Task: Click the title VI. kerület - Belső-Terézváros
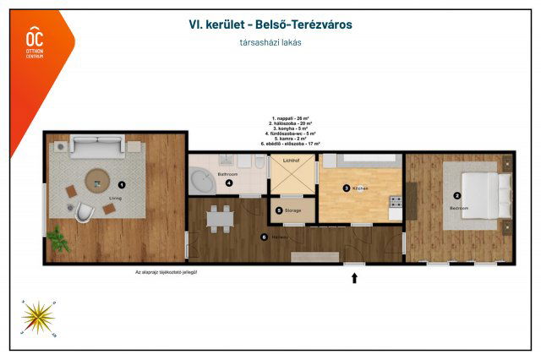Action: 270,25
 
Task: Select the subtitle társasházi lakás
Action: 271,42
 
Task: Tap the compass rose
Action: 37,316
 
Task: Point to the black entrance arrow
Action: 354,277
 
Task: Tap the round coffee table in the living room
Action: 96,179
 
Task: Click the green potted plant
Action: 57,241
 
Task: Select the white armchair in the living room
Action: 84,212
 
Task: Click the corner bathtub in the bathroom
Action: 202,182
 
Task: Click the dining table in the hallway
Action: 221,219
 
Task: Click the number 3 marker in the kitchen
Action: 346,188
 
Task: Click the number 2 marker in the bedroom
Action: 457,195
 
